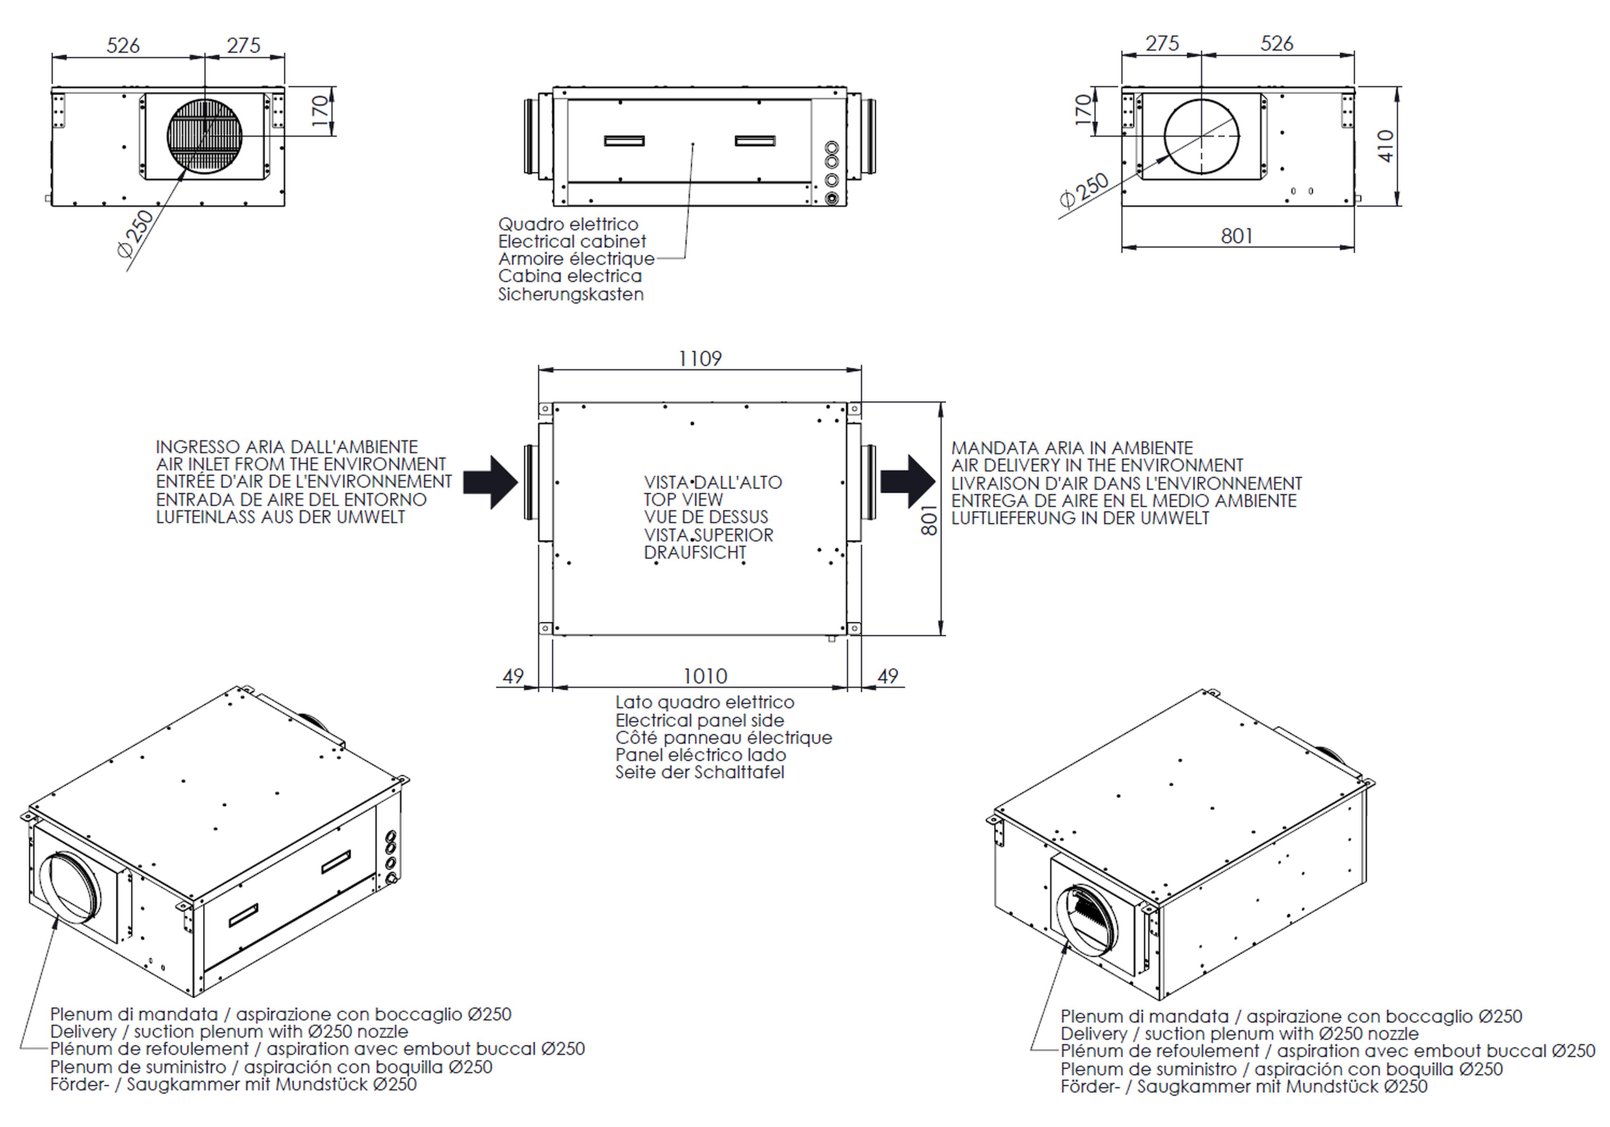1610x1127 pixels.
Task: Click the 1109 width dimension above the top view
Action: click(700, 358)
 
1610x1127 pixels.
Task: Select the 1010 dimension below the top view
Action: click(705, 676)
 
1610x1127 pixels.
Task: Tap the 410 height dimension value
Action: click(1386, 146)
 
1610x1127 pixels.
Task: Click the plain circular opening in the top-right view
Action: click(1201, 136)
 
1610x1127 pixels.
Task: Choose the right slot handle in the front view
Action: click(755, 141)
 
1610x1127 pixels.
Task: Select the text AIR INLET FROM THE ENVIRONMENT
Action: click(301, 464)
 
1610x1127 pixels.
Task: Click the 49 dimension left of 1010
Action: click(513, 676)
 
